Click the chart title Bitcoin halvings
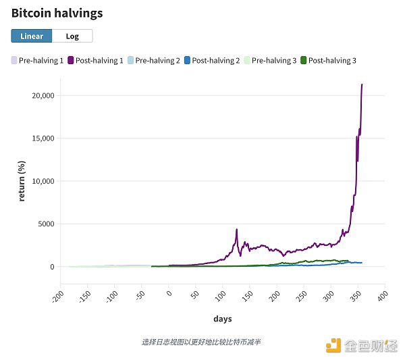pos(57,12)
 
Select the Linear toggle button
pos(32,36)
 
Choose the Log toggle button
pos(72,36)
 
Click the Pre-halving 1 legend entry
pos(38,60)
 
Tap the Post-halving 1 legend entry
pos(95,60)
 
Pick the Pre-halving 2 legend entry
pos(153,60)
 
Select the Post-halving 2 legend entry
pos(211,60)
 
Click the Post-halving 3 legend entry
pos(327,60)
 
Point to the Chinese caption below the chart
pos(201,342)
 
